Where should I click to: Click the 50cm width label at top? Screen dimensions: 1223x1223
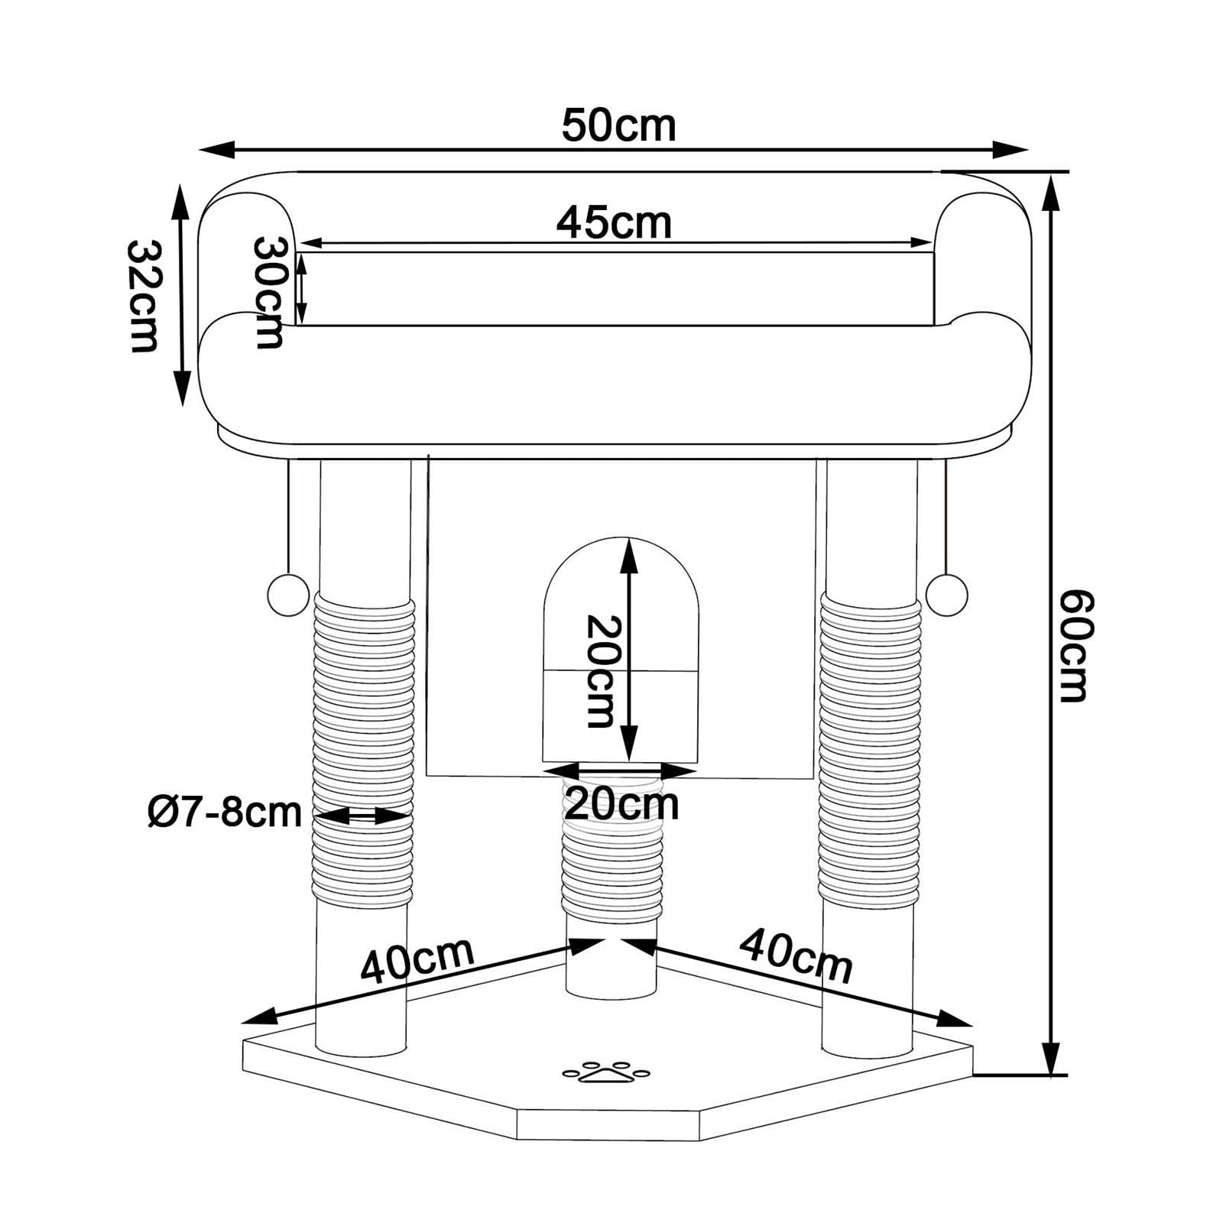[618, 125]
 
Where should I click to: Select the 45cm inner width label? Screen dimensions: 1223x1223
[614, 222]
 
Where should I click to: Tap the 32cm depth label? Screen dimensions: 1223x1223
[143, 296]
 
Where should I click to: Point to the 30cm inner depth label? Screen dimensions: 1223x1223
[269, 293]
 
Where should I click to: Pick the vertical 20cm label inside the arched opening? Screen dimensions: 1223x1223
[600, 671]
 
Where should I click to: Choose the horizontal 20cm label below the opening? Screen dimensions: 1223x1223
[621, 803]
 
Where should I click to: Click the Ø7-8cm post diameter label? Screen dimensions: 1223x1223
[225, 812]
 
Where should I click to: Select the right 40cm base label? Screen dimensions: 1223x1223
[796, 955]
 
